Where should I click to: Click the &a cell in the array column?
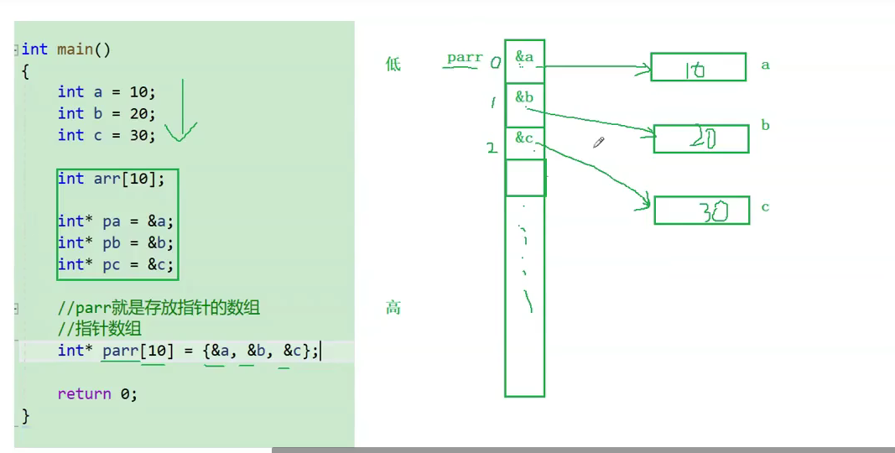pyautogui.click(x=524, y=60)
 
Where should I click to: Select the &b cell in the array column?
pyautogui.click(x=524, y=104)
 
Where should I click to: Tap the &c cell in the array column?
pyautogui.click(x=524, y=143)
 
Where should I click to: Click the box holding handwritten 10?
pyautogui.click(x=698, y=67)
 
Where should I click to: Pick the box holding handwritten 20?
pyautogui.click(x=700, y=139)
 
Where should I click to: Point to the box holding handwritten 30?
pyautogui.click(x=701, y=210)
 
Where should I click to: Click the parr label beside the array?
pyautogui.click(x=465, y=58)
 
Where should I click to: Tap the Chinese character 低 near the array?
pyautogui.click(x=393, y=64)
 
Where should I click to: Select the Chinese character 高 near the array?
pyautogui.click(x=393, y=308)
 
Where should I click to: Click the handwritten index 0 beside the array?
pyautogui.click(x=495, y=61)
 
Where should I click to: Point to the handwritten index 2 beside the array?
pyautogui.click(x=492, y=148)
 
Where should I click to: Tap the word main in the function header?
pyautogui.click(x=75, y=49)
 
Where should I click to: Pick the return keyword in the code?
pyautogui.click(x=84, y=393)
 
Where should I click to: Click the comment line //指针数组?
pyautogui.click(x=100, y=329)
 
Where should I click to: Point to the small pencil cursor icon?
pyautogui.click(x=599, y=143)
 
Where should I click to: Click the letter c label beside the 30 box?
pyautogui.click(x=765, y=207)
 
